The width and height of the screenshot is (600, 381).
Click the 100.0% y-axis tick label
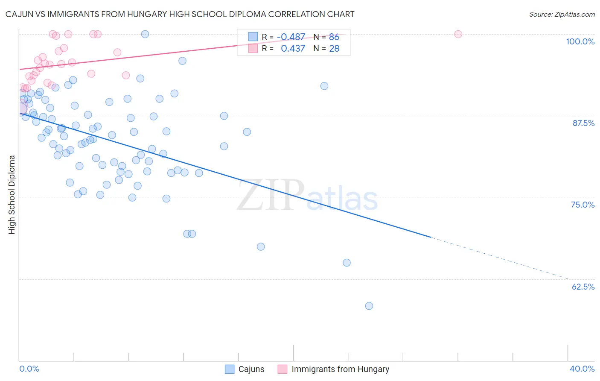(x=580, y=41)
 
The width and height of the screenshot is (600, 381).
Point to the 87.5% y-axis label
(x=583, y=123)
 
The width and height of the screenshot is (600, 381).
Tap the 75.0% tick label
(x=583, y=205)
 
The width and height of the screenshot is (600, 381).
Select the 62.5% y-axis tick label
(x=583, y=287)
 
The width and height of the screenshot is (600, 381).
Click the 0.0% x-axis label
(x=29, y=369)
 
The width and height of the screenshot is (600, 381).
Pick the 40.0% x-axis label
(x=582, y=369)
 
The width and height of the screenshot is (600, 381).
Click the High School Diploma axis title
(x=12, y=194)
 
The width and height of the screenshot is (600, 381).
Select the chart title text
(x=180, y=14)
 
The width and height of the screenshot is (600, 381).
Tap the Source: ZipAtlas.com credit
(x=562, y=14)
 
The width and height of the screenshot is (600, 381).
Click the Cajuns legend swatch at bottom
(x=230, y=369)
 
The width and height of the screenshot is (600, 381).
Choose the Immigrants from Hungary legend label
(x=340, y=369)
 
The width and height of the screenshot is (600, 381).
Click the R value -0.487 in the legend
(x=291, y=37)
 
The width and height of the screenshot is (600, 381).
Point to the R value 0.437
(x=293, y=48)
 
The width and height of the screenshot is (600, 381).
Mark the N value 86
(x=334, y=37)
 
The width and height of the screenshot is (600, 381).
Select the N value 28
(x=334, y=48)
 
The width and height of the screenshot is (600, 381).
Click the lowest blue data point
(x=369, y=306)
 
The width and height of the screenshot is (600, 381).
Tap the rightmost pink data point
(x=458, y=34)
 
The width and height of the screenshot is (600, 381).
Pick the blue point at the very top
(x=145, y=34)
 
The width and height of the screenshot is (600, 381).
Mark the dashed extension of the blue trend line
(x=499, y=258)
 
